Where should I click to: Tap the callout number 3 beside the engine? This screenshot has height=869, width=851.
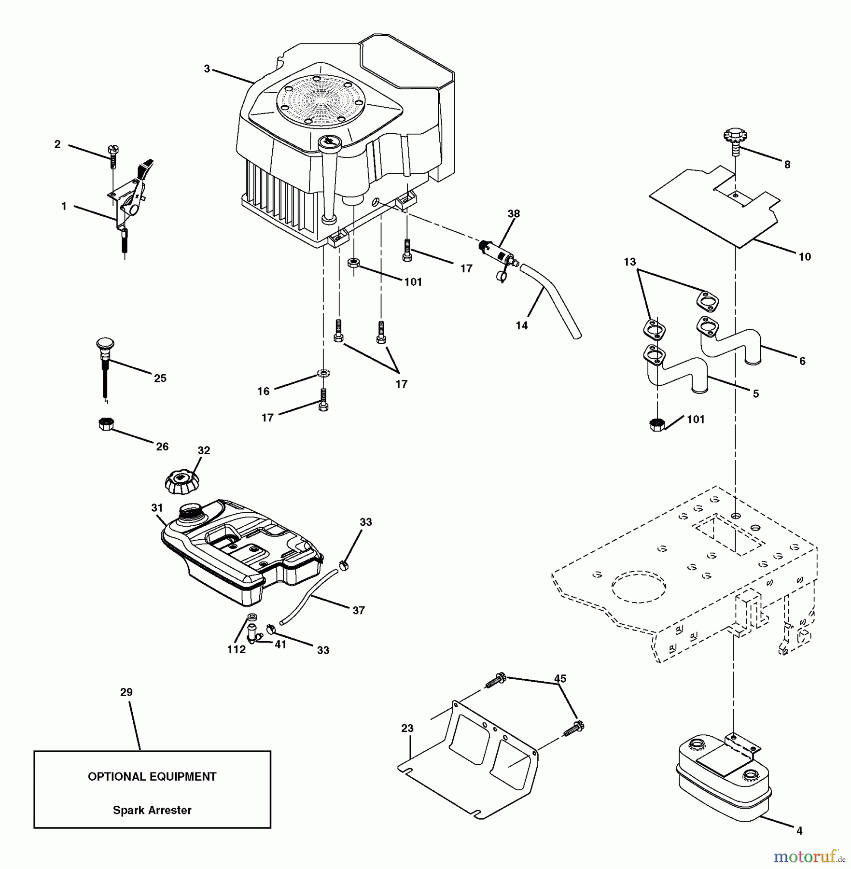point(207,69)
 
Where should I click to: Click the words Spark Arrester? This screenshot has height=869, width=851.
point(152,810)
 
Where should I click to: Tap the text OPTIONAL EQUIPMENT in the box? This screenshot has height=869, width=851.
point(152,777)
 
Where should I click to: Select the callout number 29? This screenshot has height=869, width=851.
point(126,692)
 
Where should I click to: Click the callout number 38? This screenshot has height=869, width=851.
point(514,213)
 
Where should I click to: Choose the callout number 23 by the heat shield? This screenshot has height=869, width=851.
point(407,728)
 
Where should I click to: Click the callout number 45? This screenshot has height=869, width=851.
point(560,679)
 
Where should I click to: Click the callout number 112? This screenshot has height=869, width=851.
point(237,650)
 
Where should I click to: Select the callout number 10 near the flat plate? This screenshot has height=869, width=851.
point(805,257)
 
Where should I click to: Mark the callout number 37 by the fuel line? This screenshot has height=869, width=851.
point(359,610)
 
